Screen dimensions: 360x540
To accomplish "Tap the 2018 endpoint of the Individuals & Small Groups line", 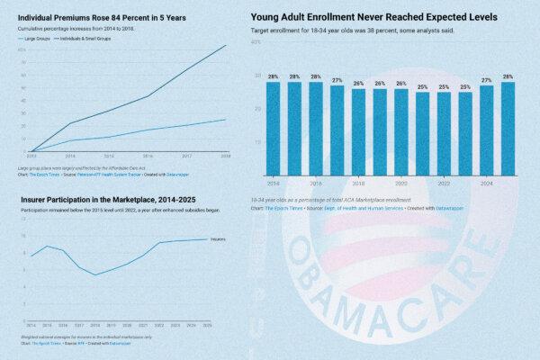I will tap(226, 46).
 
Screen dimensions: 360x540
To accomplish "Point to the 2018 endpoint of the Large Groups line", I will tap(226, 119).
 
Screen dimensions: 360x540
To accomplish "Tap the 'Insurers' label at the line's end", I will tap(219, 239).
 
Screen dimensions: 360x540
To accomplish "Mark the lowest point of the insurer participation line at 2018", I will tap(95, 274).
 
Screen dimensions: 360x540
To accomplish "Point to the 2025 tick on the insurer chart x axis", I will tap(207, 324).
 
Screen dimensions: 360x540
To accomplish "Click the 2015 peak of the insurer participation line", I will tap(48, 246).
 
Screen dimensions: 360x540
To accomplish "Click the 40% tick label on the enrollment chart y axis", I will tap(256, 42).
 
